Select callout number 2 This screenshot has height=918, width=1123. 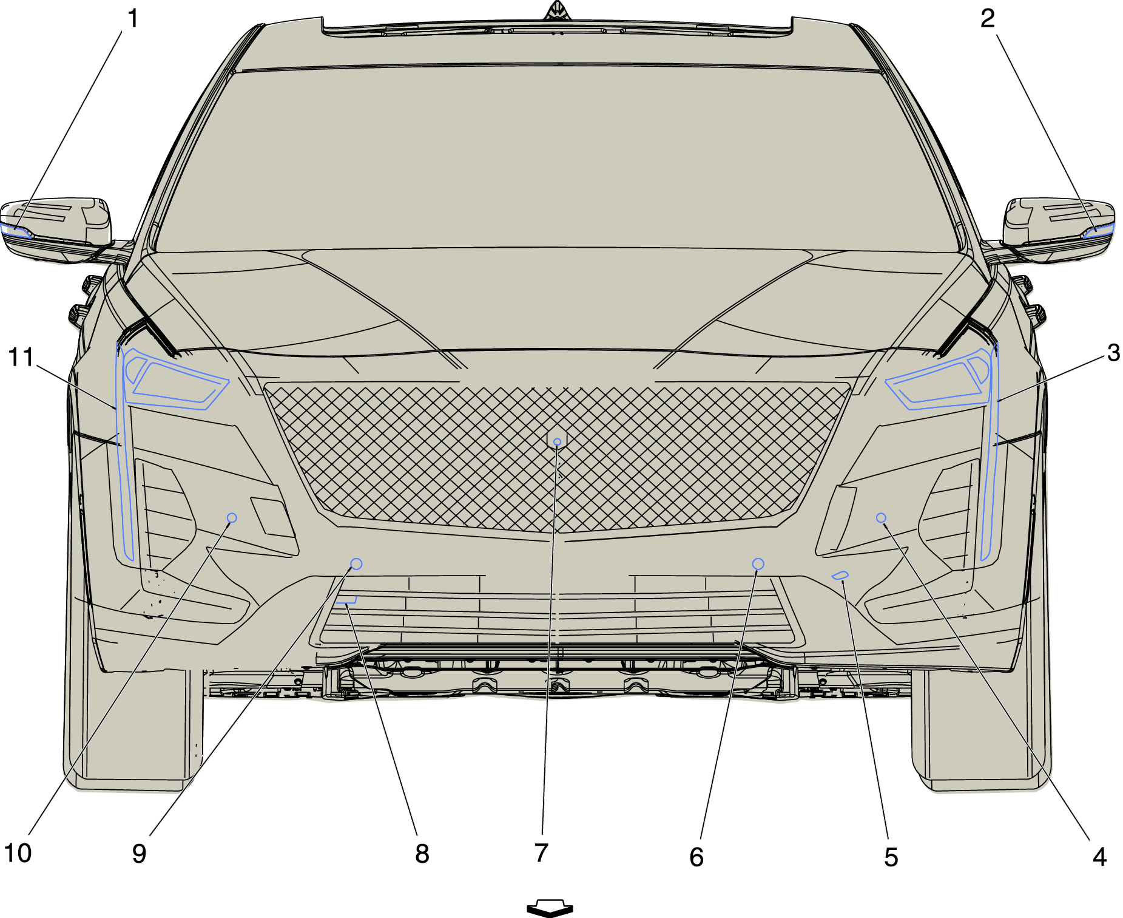point(988,19)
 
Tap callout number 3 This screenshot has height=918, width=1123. point(1113,353)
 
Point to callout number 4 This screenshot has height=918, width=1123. point(1099,857)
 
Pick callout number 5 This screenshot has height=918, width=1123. point(891,857)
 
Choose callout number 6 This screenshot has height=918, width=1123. point(696,857)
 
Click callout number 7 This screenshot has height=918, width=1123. point(542,853)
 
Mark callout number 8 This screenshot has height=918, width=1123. point(422,854)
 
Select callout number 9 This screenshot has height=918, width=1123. point(140,854)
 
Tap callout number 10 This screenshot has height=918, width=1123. point(18,853)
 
